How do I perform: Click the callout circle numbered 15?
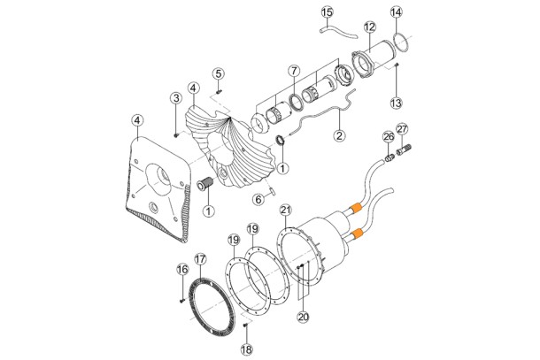click(x=328, y=12)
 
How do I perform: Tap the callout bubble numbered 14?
click(x=396, y=12)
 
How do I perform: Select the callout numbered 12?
click(x=369, y=27)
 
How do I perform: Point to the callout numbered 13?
click(x=396, y=103)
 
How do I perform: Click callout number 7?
click(x=294, y=72)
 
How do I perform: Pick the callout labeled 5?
click(x=218, y=73)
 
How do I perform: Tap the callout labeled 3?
click(x=176, y=98)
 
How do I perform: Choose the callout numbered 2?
click(x=340, y=135)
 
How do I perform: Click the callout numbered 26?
click(x=389, y=137)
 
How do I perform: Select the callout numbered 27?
click(x=402, y=129)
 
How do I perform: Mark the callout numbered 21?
click(x=286, y=210)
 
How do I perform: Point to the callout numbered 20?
click(x=304, y=317)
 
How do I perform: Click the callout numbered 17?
click(x=200, y=259)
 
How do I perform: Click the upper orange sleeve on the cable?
click(x=355, y=209)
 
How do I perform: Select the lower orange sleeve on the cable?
click(x=356, y=234)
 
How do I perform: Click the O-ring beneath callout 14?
click(x=402, y=42)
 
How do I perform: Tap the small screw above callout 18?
click(x=246, y=325)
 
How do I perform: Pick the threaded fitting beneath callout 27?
click(x=405, y=150)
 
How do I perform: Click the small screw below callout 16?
click(x=182, y=301)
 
